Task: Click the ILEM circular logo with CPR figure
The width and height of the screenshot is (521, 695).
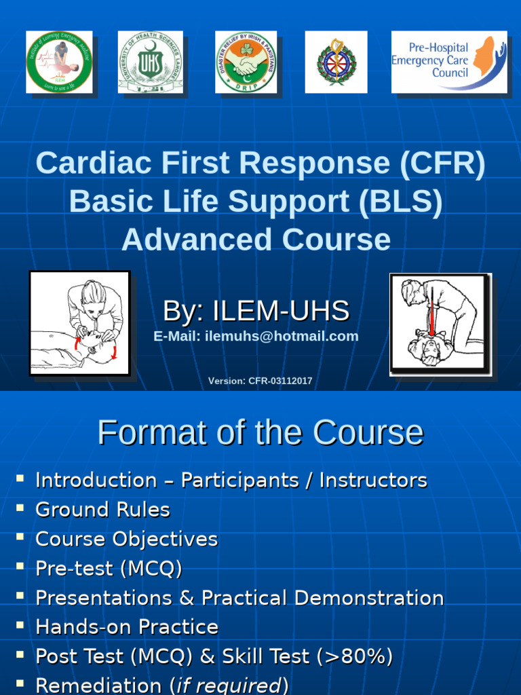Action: coord(59,62)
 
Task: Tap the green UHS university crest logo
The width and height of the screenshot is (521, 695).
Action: coord(150,62)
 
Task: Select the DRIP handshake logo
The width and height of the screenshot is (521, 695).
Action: coord(246,62)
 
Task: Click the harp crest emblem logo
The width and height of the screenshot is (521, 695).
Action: coord(336,62)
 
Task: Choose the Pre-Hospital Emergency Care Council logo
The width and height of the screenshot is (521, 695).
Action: coord(448,62)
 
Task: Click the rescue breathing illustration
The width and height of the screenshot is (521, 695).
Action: coord(79,322)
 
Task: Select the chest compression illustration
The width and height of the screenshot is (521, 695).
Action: coord(440,324)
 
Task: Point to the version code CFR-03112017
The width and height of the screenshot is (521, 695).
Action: coord(280,381)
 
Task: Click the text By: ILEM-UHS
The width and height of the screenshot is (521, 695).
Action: coord(256,311)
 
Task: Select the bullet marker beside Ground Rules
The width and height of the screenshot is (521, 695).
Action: coord(20,508)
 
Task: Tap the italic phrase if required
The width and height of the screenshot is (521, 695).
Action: coord(228,685)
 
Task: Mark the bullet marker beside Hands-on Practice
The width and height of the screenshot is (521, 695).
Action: coord(20,625)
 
